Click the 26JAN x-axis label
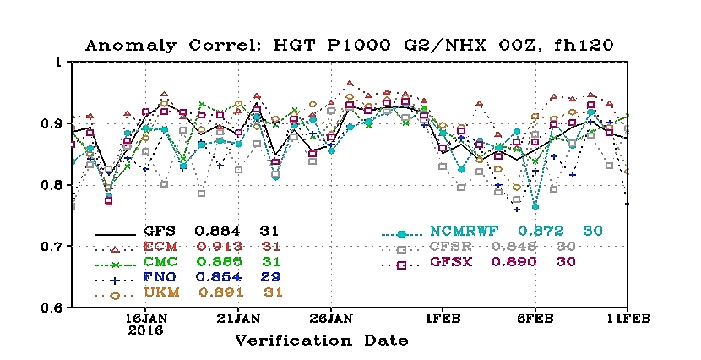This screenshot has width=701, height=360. pyautogui.click(x=330, y=319)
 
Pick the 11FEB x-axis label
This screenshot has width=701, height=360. pyautogui.click(x=626, y=319)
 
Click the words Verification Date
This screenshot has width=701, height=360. pyautogui.click(x=322, y=341)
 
